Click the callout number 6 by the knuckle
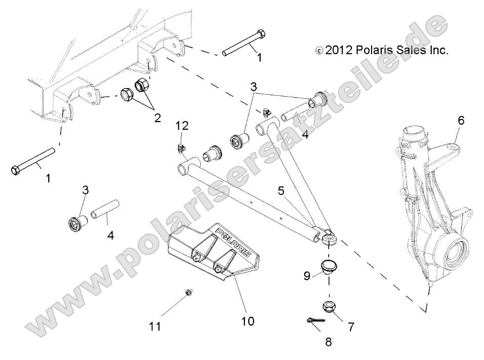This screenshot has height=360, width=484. (x=461, y=121)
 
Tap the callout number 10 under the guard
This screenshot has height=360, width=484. (x=248, y=321)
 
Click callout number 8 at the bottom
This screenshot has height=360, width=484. (x=328, y=342)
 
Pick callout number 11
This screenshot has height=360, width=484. (x=156, y=327)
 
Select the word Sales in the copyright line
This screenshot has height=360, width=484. (x=409, y=51)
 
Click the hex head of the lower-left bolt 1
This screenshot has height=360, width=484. (x=16, y=169)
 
